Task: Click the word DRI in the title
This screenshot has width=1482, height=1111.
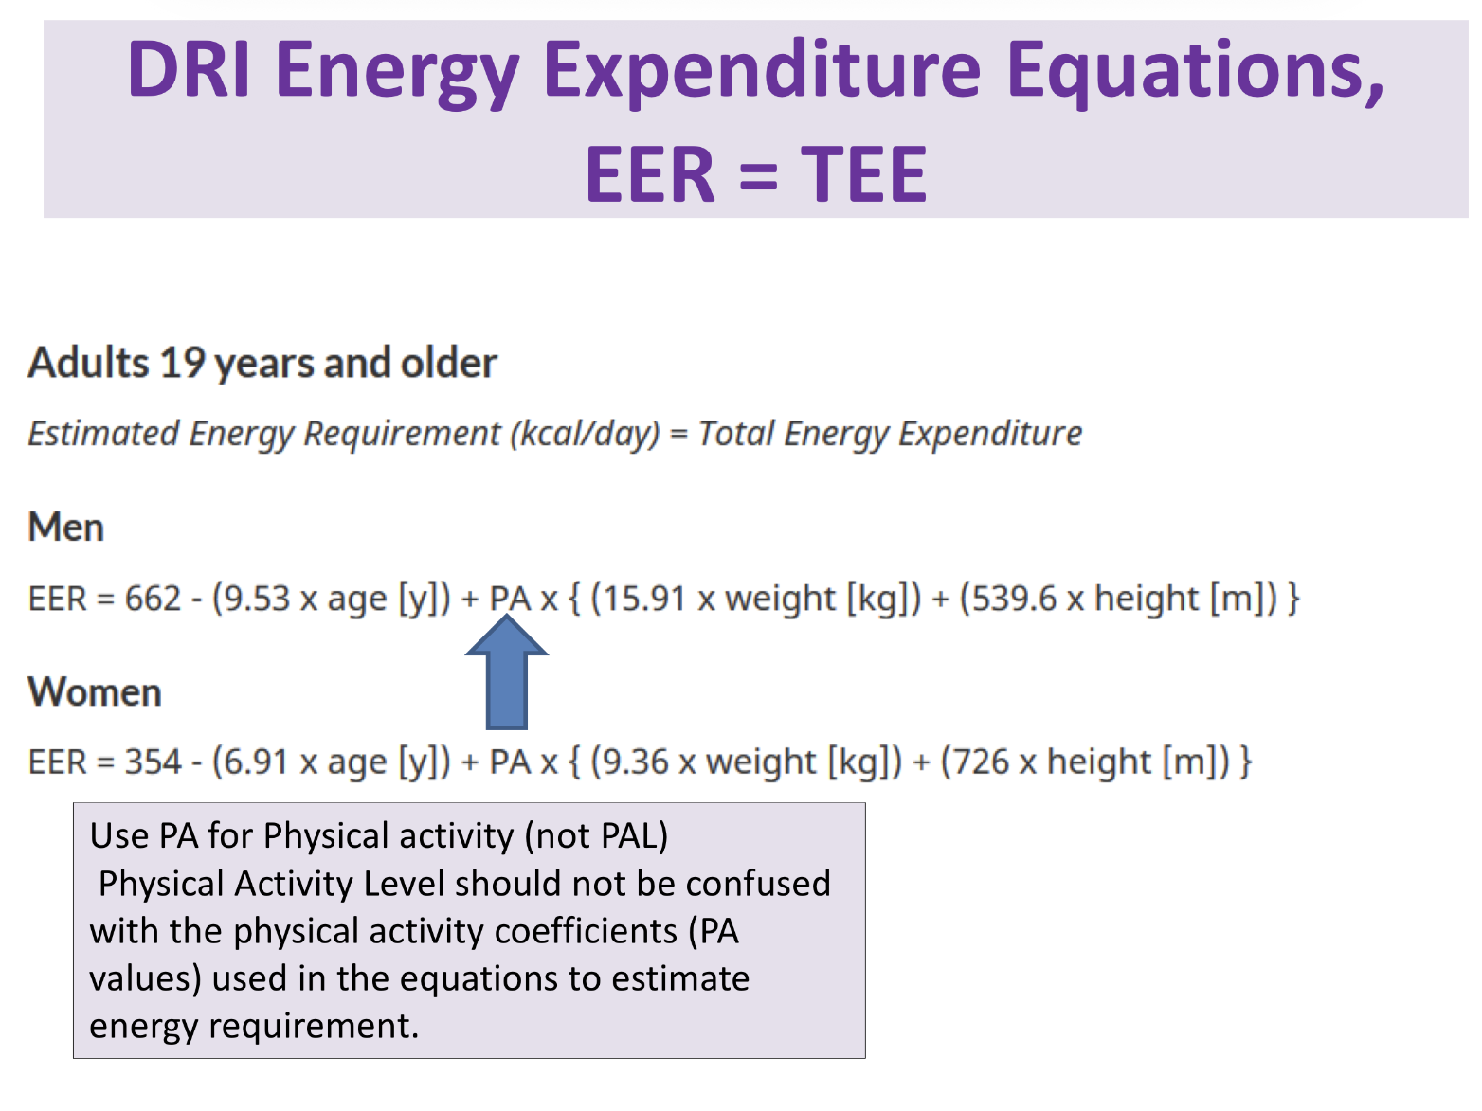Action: [x=189, y=70]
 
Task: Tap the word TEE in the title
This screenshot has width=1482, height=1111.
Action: [x=863, y=175]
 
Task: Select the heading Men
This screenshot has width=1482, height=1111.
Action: [x=66, y=528]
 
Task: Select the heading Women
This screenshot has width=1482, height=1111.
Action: [x=95, y=692]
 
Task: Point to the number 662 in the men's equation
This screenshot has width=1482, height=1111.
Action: [x=153, y=599]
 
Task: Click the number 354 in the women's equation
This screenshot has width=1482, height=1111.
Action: [x=153, y=762]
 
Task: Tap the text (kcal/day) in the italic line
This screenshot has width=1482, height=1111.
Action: [x=585, y=434]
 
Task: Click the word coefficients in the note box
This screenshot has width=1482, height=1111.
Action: [x=586, y=931]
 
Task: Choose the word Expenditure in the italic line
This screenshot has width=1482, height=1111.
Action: [x=990, y=434]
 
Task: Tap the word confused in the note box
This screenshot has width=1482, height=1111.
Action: [x=758, y=884]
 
